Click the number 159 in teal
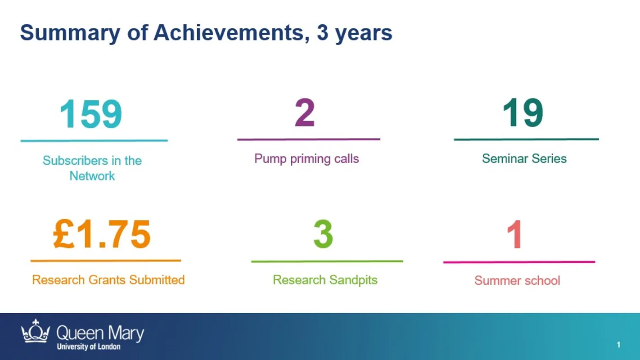point(91,114)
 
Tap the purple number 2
point(305,112)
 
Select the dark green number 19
point(523,112)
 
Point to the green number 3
point(323,234)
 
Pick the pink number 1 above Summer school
point(514,234)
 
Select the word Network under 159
point(92,175)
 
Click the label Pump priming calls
point(306,159)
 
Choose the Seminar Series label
point(524,158)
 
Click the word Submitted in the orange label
point(157,280)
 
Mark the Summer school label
point(517,280)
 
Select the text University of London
point(89,346)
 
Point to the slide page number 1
point(618,345)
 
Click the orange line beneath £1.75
point(106,261)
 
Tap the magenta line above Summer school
point(519,262)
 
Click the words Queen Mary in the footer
point(100,333)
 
